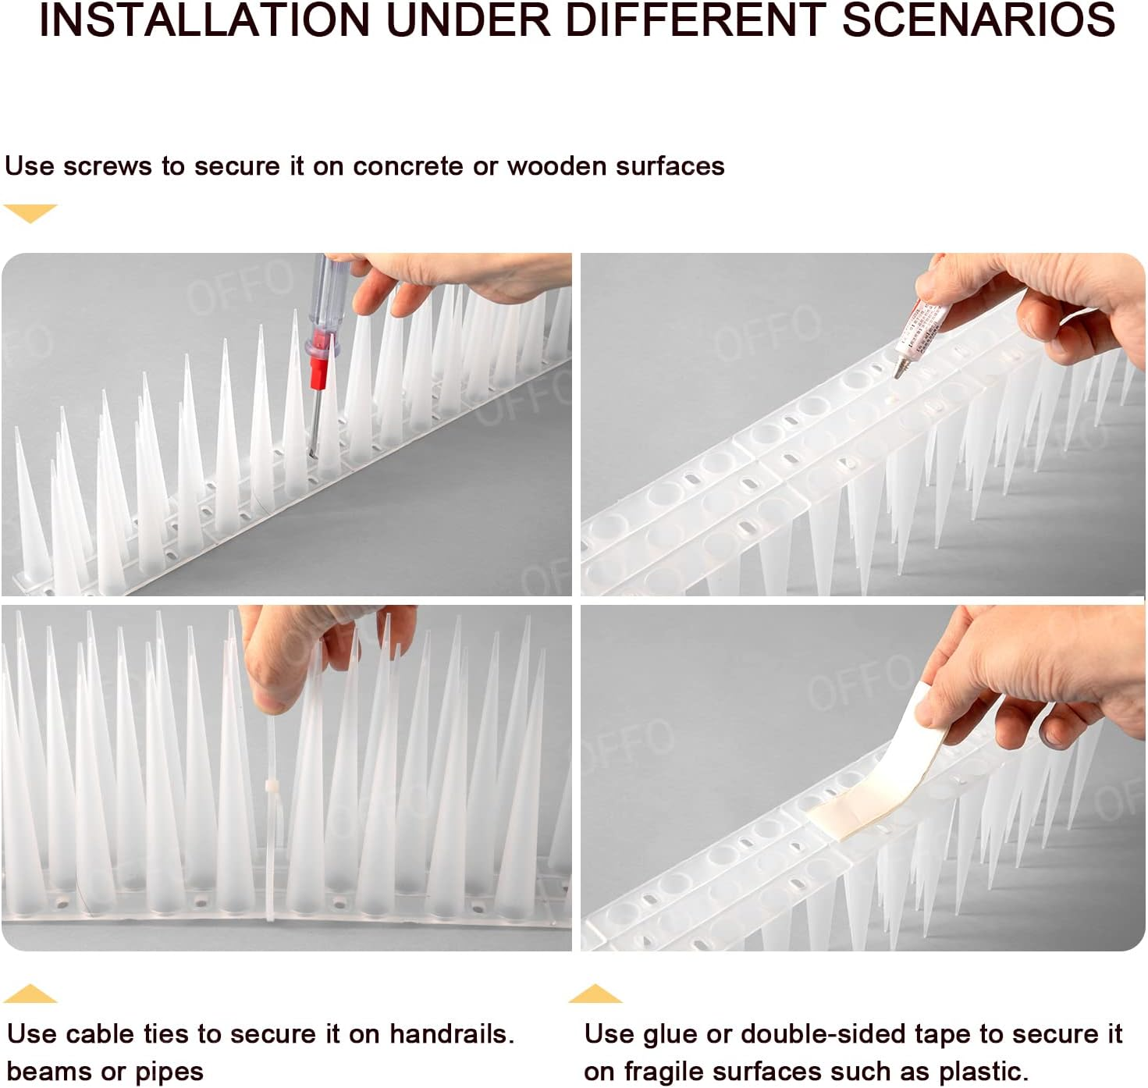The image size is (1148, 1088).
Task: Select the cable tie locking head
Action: (272, 785)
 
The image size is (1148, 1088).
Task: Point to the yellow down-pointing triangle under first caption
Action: (30, 212)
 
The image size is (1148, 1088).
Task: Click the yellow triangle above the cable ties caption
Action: (30, 994)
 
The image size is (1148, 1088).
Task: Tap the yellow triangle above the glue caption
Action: (595, 994)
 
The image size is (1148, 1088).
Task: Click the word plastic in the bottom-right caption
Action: (983, 1072)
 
